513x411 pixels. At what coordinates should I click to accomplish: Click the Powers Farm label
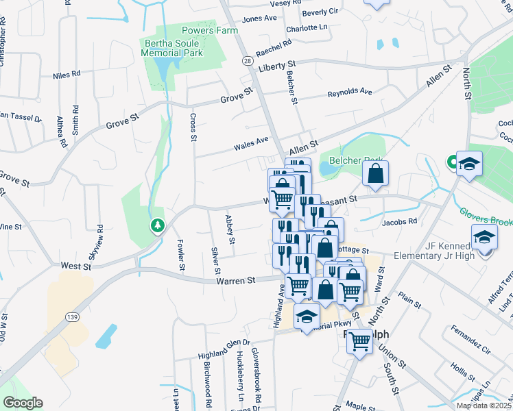[210, 31]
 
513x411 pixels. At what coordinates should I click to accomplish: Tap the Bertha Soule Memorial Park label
[173, 47]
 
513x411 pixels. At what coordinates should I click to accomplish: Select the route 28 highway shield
[246, 61]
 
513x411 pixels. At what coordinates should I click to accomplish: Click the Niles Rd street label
[67, 73]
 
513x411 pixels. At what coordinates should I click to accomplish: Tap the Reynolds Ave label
[349, 92]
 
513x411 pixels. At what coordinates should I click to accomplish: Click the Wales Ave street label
[250, 142]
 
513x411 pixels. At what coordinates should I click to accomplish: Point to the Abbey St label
[230, 230]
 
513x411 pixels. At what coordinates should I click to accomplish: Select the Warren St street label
[236, 280]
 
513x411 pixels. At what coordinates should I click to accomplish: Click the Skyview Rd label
[100, 236]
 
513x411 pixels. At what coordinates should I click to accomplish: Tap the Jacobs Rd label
[400, 222]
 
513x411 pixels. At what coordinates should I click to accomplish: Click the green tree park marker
[158, 225]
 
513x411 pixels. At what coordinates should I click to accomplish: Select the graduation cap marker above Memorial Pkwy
[307, 316]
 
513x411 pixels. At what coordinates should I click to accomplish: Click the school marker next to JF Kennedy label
[484, 237]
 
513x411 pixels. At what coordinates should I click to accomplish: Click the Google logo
[23, 403]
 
